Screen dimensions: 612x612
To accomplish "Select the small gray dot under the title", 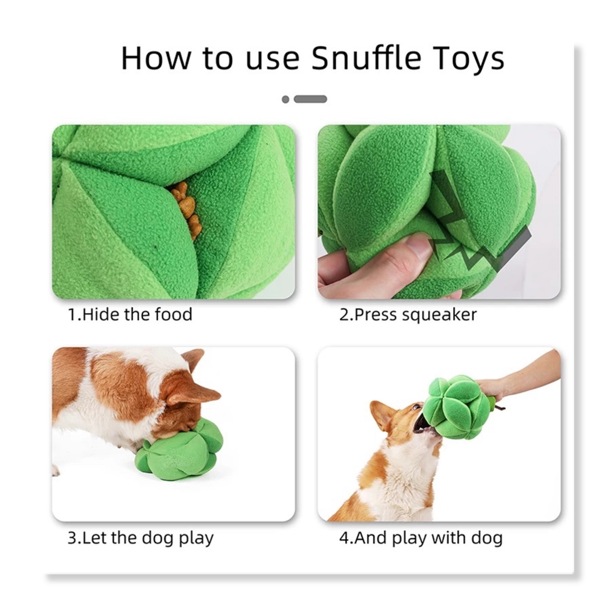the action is pyautogui.click(x=286, y=99).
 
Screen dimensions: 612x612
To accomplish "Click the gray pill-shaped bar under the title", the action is pyautogui.click(x=310, y=99).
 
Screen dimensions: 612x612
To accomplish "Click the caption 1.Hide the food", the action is pyautogui.click(x=130, y=315).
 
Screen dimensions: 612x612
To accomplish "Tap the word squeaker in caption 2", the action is pyautogui.click(x=439, y=315).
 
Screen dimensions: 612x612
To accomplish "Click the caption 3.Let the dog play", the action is pyautogui.click(x=140, y=538).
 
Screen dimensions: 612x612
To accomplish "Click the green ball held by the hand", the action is pyautogui.click(x=457, y=408).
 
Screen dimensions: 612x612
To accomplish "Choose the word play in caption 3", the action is pyautogui.click(x=196, y=539).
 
